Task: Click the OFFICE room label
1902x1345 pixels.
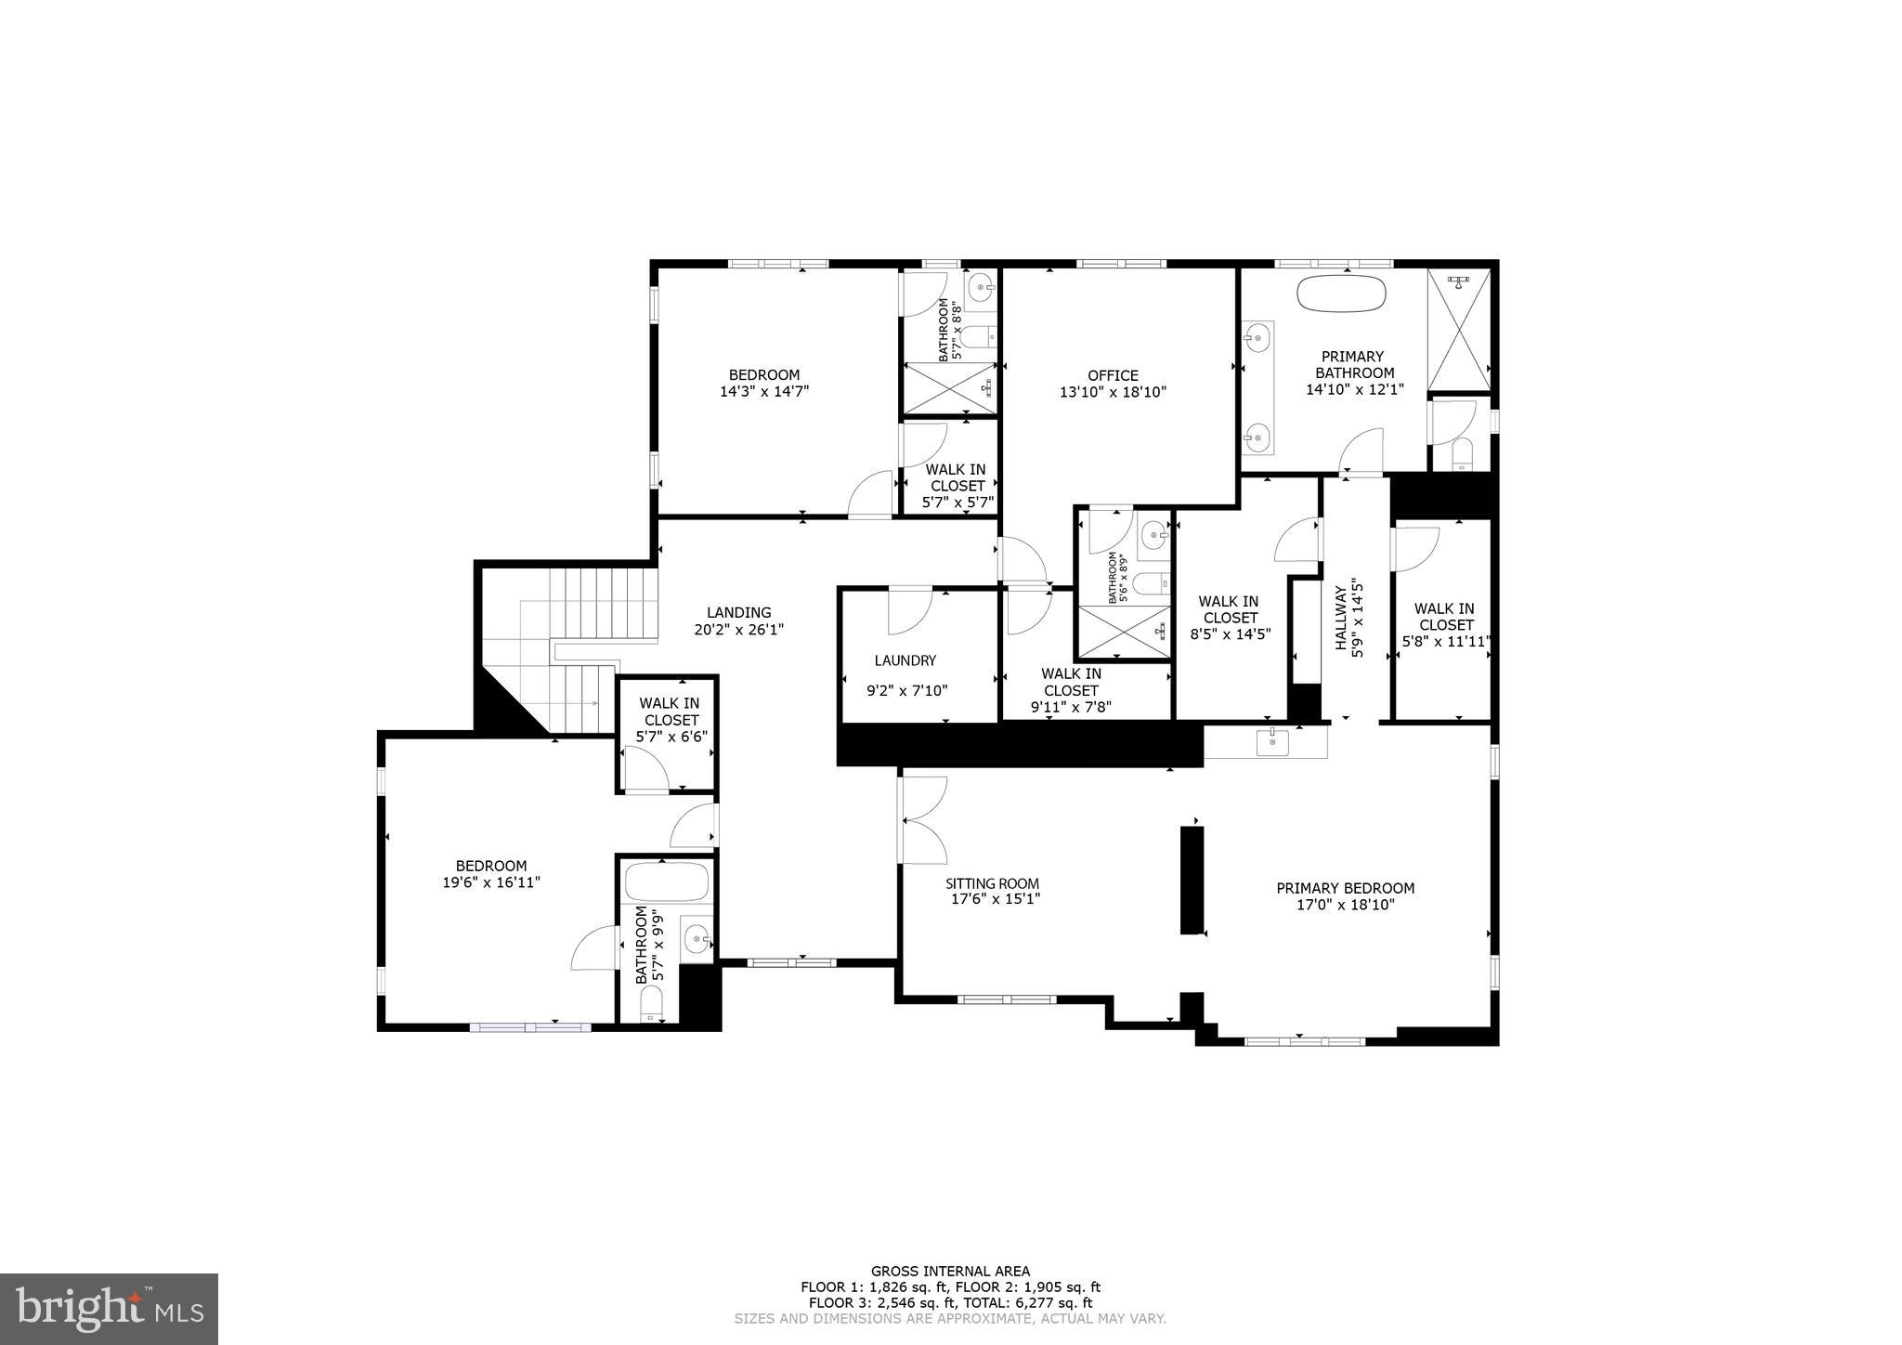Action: [x=1113, y=375]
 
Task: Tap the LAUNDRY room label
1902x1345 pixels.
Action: [x=905, y=660]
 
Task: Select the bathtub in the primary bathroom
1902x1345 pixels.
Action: [x=1341, y=294]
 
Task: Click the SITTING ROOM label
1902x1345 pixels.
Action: [x=992, y=883]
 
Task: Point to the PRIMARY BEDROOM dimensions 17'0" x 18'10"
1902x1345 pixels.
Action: [x=1345, y=905]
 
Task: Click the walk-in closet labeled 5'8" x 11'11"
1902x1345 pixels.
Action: [x=1444, y=624]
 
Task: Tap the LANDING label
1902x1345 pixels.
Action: [x=738, y=612]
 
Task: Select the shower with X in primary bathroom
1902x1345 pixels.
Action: [x=1458, y=330]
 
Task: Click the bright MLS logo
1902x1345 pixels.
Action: [x=110, y=1309]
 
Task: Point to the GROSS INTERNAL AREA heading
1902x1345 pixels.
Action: [x=949, y=1272]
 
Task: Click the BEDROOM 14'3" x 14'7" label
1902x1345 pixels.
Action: [x=763, y=375]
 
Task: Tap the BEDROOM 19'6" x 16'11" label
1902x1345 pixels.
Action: [x=490, y=866]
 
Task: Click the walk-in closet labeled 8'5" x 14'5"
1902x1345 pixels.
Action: [x=1230, y=618]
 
